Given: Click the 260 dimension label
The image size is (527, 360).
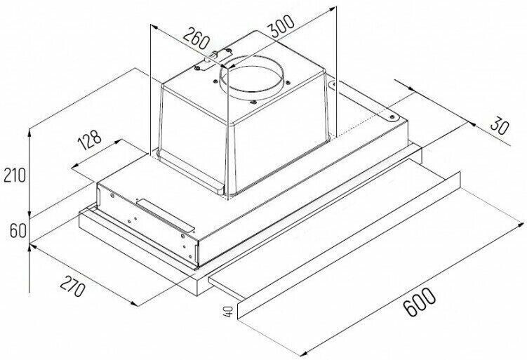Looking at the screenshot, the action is pos(196,39).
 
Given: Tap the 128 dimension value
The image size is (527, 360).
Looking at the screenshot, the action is pos(89,139).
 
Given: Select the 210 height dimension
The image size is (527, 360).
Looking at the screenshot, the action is pos(15,175).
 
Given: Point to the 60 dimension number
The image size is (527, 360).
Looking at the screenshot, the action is pos(18,231).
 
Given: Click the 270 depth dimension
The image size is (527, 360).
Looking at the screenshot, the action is pos(72,286).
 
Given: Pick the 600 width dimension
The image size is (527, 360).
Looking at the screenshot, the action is pos(419,302).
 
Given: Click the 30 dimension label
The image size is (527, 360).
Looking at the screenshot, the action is pos(499,126).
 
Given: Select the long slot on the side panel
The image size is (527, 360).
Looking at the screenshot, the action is pos(166,215).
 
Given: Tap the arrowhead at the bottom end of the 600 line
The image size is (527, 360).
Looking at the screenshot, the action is pos(303,353).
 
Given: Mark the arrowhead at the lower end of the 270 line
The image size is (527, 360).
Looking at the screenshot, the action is pos(134,303).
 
